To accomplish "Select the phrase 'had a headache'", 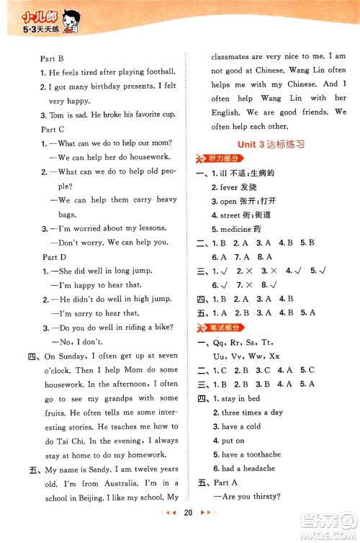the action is coord(249,469).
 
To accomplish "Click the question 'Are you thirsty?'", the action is coord(251,497).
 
